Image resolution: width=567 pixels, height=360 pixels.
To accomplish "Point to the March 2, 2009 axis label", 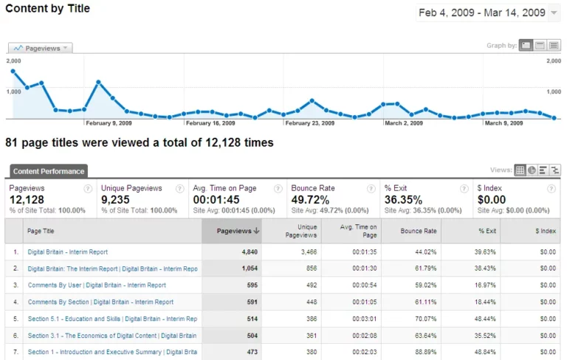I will tap(404, 123).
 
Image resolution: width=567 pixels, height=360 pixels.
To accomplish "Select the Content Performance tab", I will tap(48, 171).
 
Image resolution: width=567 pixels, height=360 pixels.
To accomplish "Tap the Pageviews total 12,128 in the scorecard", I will tap(27, 200).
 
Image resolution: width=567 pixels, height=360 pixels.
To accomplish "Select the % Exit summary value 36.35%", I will tap(404, 200).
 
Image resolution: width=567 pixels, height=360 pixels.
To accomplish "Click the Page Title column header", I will tap(41, 231).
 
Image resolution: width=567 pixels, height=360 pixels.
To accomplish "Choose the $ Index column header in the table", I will tap(545, 231).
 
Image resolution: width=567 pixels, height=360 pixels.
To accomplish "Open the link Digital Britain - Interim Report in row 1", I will tap(67, 252).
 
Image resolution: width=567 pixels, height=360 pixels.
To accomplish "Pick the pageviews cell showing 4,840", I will tap(247, 252).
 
